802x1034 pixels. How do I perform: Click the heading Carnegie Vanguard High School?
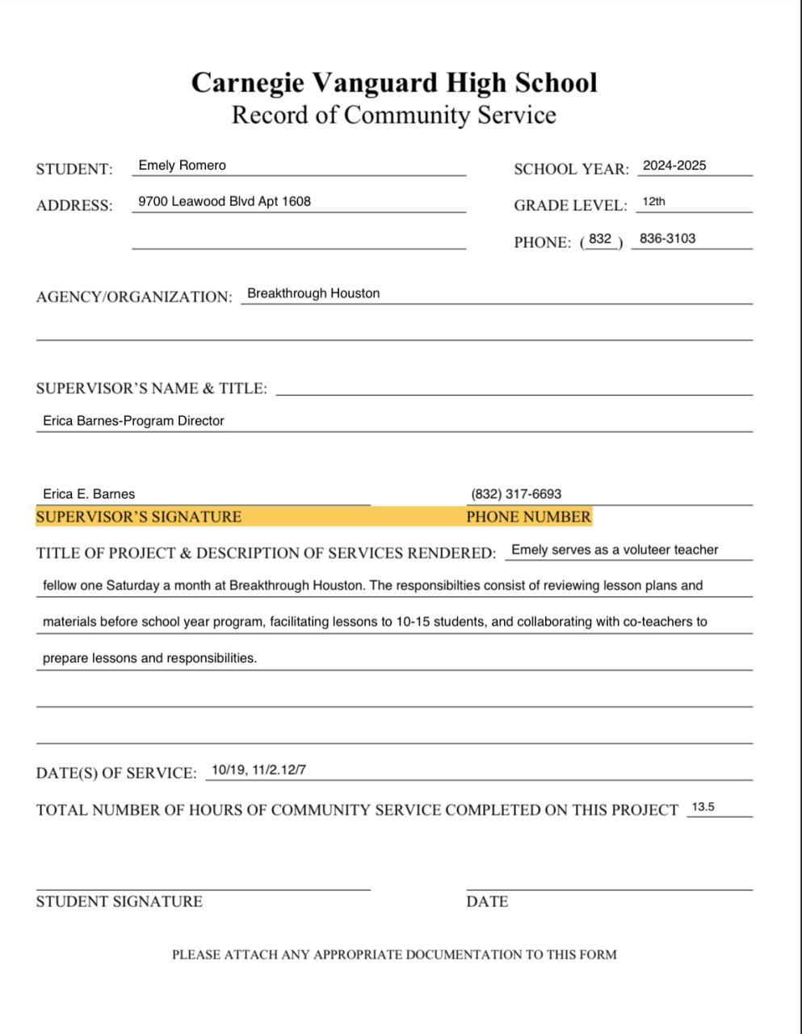point(394,82)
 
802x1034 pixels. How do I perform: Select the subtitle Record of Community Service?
point(394,115)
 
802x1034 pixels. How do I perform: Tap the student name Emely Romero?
point(182,166)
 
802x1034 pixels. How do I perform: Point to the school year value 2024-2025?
point(674,166)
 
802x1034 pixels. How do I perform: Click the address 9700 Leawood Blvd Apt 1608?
point(225,201)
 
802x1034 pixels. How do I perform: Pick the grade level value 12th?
point(653,201)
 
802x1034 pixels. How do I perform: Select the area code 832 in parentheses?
point(600,239)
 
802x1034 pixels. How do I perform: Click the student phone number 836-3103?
point(667,238)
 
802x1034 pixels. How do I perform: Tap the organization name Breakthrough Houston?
point(313,293)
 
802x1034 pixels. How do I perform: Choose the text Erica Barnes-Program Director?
point(133,421)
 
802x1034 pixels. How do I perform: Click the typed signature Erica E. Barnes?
point(89,494)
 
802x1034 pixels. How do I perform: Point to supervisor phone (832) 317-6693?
point(516,494)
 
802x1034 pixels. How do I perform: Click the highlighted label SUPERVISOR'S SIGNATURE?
point(138,517)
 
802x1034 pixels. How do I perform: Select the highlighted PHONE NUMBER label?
point(528,517)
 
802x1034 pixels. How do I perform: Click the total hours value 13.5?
point(703,807)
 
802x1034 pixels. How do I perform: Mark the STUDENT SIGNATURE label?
point(119,902)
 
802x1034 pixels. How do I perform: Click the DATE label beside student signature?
point(487,902)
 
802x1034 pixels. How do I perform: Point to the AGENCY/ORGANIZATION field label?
point(134,296)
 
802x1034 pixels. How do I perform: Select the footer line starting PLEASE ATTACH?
point(394,955)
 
